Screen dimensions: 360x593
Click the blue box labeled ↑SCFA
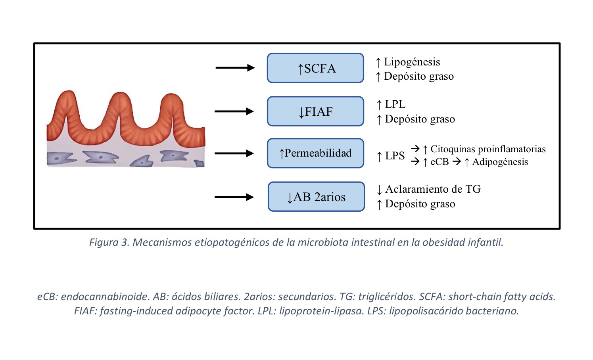[x=315, y=68]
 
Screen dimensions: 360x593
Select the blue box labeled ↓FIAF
[x=315, y=111]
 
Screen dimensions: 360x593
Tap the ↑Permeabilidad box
[x=315, y=153]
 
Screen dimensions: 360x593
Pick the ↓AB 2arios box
[x=316, y=197]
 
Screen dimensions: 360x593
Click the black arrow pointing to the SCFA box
[x=235, y=68]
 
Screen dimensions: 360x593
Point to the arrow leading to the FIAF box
[x=234, y=111]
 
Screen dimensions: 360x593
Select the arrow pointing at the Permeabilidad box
[x=234, y=153]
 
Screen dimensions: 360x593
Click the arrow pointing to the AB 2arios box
[x=234, y=197]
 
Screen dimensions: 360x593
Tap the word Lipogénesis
[x=412, y=62]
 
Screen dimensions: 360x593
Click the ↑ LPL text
[x=391, y=104]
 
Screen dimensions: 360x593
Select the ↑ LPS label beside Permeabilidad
[x=391, y=156]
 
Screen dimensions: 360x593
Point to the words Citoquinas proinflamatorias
[x=488, y=149]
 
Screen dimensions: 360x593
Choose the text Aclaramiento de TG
[x=433, y=189]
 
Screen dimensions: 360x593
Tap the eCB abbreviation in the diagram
[x=439, y=162]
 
